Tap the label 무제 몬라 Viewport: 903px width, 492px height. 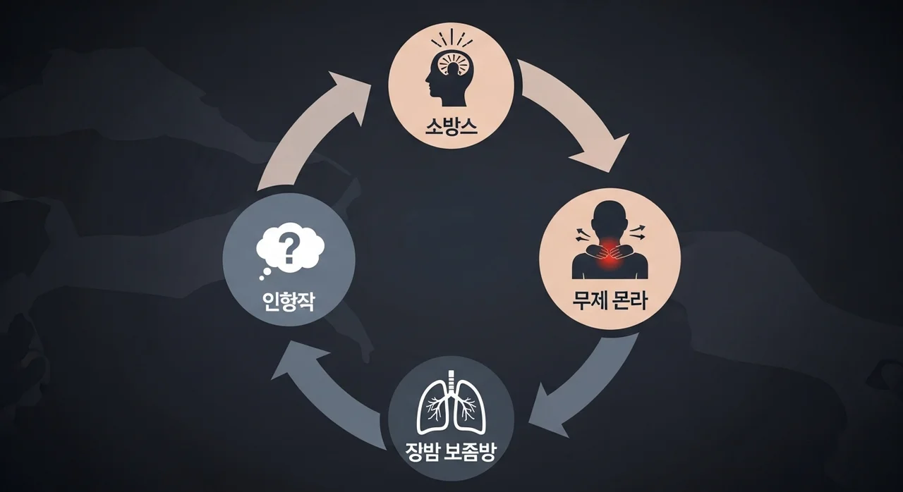pyautogui.click(x=610, y=303)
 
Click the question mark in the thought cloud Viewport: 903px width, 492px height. pyautogui.click(x=288, y=249)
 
